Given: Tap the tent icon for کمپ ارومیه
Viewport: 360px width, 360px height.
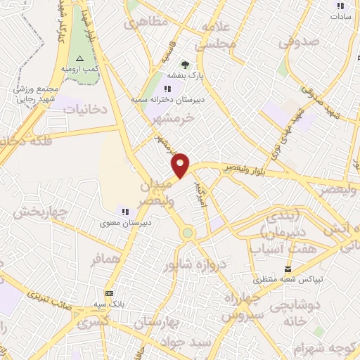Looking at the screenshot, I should (x=79, y=58).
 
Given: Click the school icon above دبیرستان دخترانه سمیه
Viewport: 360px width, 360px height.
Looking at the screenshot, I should (x=167, y=89).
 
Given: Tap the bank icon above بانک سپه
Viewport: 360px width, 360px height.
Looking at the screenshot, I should (x=109, y=293).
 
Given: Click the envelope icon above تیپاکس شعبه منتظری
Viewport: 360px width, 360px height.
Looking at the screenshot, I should (x=287, y=269).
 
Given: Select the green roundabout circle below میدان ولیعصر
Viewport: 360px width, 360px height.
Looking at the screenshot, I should (x=187, y=232).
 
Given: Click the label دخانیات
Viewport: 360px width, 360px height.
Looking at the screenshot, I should (x=85, y=108).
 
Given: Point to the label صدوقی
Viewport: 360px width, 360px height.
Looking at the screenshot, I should (x=299, y=42).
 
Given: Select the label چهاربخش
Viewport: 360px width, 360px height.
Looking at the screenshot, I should (x=41, y=212).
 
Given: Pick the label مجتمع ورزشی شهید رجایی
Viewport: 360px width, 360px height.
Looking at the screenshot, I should (x=32, y=91).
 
